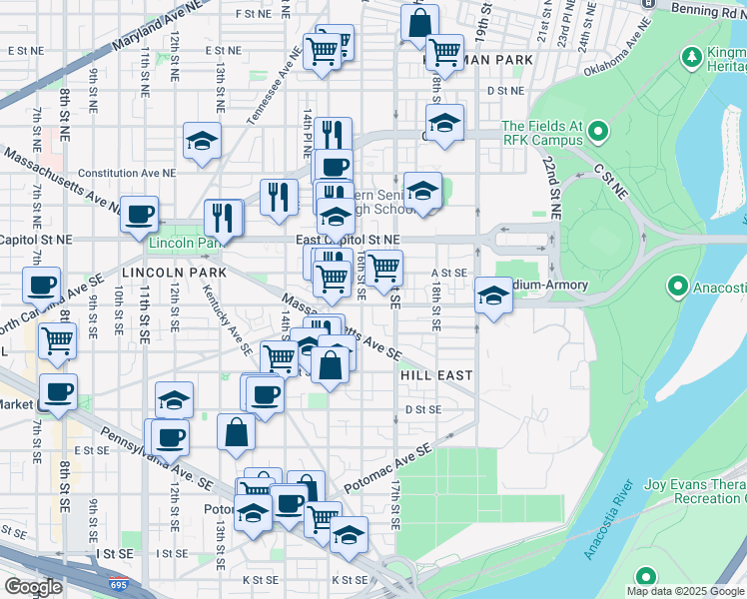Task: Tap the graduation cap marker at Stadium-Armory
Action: point(491,296)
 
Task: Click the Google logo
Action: point(33,586)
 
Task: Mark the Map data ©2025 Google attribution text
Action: point(685,591)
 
